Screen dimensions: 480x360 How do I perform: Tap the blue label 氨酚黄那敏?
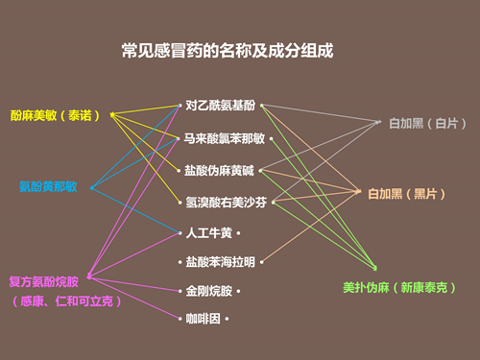48,185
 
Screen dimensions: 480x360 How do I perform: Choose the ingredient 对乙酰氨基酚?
222,104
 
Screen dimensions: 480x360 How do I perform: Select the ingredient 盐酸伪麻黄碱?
222,171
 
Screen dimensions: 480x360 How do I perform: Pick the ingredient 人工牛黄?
208,233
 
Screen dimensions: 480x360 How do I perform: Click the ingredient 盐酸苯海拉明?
222,262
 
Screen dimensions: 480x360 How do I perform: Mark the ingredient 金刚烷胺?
208,290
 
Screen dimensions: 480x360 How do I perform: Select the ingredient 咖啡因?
203,318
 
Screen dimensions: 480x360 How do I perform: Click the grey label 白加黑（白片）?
422,124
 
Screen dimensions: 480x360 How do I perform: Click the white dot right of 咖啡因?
228,318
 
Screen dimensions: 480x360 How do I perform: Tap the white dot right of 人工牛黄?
237,233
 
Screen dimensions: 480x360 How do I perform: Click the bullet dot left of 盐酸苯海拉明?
180,262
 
